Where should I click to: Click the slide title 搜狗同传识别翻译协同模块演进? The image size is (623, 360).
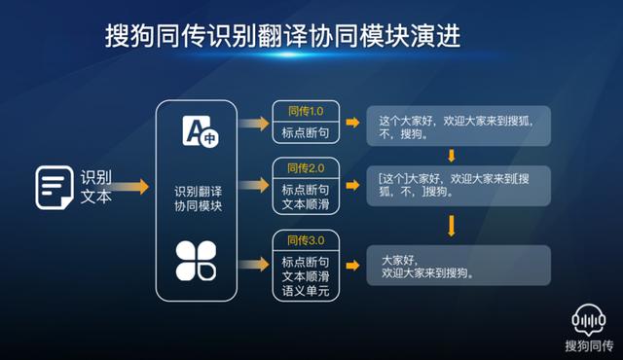click(x=282, y=36)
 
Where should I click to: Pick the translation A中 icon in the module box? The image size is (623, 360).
click(x=199, y=132)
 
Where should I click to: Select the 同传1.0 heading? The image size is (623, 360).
click(x=304, y=111)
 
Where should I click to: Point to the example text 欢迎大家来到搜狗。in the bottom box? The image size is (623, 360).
click(x=427, y=273)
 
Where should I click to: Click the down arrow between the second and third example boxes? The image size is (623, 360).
click(x=452, y=227)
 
